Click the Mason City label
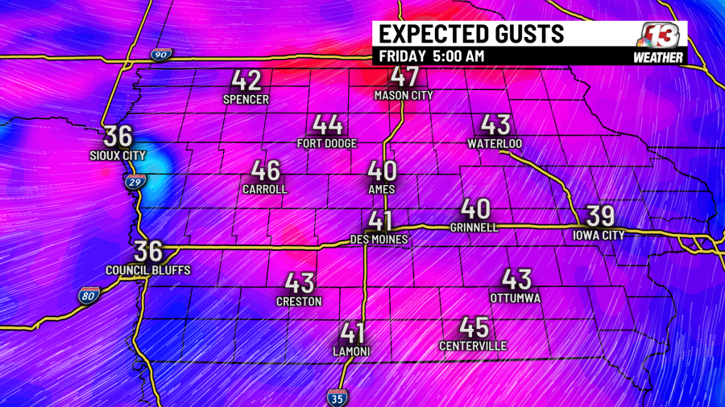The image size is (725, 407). pyautogui.click(x=404, y=95)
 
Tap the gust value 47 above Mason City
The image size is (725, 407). pyautogui.click(x=404, y=78)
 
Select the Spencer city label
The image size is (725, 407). pyautogui.click(x=246, y=99)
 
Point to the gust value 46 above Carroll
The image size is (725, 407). pyautogui.click(x=265, y=171)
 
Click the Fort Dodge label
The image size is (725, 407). pyautogui.click(x=328, y=143)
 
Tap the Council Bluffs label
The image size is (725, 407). pyautogui.click(x=148, y=270)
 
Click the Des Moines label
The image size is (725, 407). pyautogui.click(x=379, y=239)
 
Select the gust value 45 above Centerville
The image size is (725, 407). pyautogui.click(x=474, y=328)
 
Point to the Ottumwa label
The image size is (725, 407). pyautogui.click(x=516, y=298)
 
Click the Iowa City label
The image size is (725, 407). pyautogui.click(x=600, y=234)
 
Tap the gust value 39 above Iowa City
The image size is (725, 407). pyautogui.click(x=601, y=216)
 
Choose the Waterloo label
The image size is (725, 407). pyautogui.click(x=495, y=143)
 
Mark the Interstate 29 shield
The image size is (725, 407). pyautogui.click(x=136, y=183)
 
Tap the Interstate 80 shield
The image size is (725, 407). pyautogui.click(x=89, y=296)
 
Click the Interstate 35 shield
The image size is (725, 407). pyautogui.click(x=338, y=397)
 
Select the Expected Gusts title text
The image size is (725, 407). pyautogui.click(x=470, y=34)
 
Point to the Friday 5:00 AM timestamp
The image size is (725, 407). pyautogui.click(x=432, y=55)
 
